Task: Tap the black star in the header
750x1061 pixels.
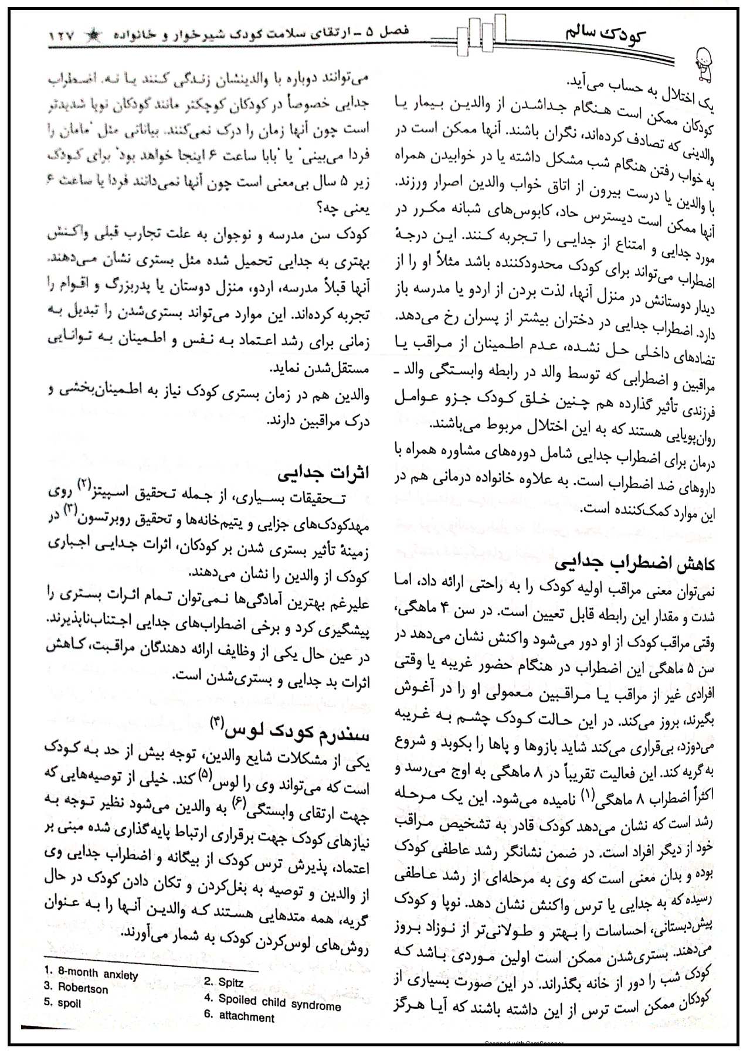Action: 93,36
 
